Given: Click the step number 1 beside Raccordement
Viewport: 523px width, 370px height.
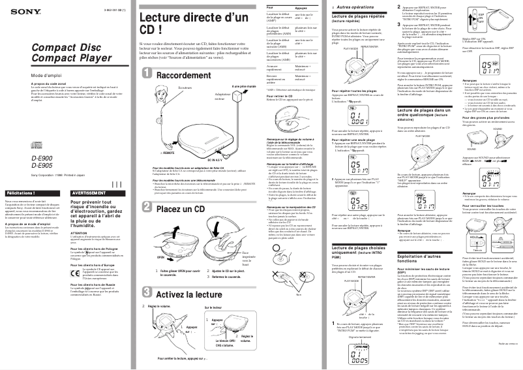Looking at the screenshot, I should pos(147,76).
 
